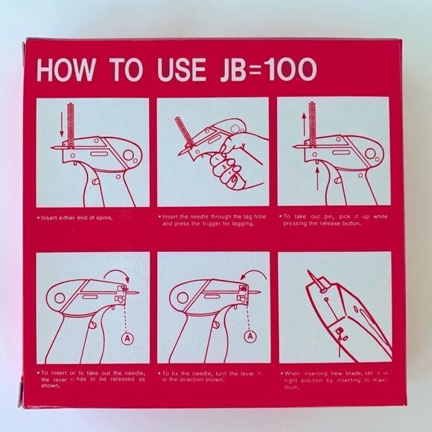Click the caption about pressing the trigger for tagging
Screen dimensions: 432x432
click(x=211, y=220)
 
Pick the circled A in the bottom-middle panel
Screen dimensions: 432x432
click(x=249, y=337)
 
